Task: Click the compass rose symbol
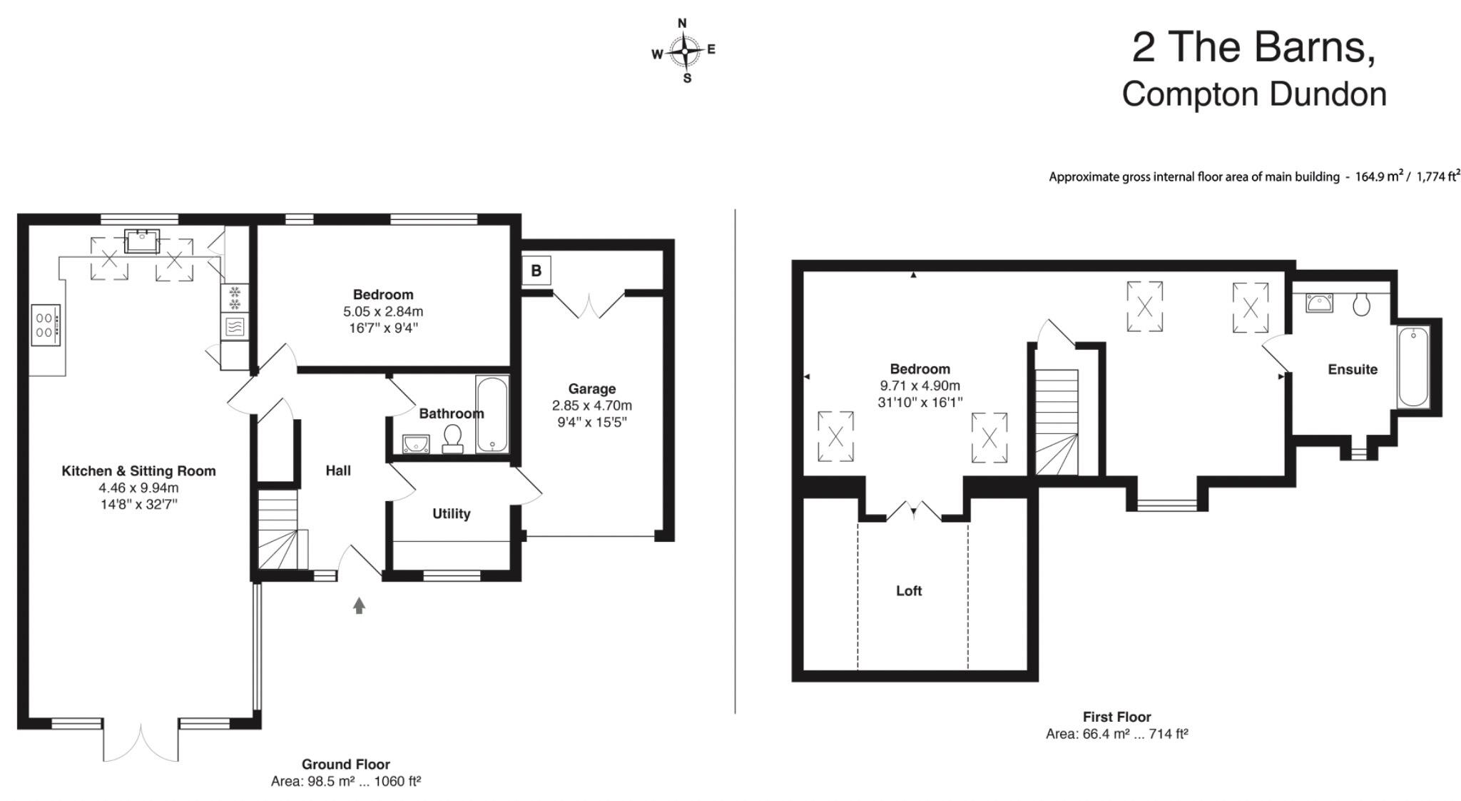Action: click(685, 51)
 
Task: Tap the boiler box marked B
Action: click(536, 271)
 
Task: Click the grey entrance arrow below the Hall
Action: click(359, 605)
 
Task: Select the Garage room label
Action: click(591, 389)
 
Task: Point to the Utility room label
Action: click(451, 514)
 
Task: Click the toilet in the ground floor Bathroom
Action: click(452, 437)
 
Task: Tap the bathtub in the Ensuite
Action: click(1412, 366)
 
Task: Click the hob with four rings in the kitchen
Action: click(46, 326)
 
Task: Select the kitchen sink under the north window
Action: click(142, 241)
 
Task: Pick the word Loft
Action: click(908, 591)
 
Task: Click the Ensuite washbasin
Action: click(1320, 303)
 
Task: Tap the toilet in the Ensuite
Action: click(1361, 305)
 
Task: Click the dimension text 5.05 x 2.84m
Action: click(383, 312)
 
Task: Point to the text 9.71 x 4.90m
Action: click(920, 386)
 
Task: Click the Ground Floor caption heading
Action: click(345, 765)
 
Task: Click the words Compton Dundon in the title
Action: click(1253, 95)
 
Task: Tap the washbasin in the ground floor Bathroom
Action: click(414, 444)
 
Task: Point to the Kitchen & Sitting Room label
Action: click(138, 471)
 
